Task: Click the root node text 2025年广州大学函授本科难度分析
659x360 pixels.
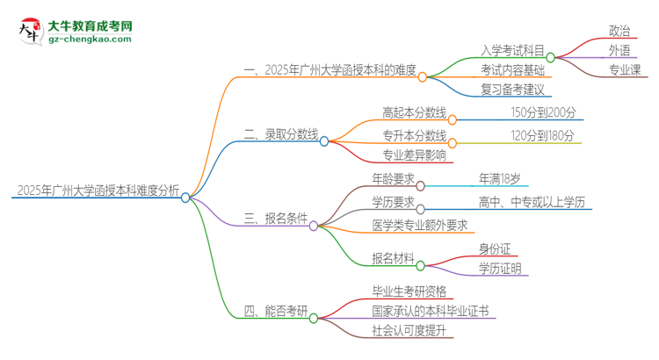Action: click(x=97, y=190)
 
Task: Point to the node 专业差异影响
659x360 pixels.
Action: click(x=413, y=155)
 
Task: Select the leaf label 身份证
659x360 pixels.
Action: click(x=495, y=248)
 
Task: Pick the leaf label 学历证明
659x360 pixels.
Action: click(x=500, y=268)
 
